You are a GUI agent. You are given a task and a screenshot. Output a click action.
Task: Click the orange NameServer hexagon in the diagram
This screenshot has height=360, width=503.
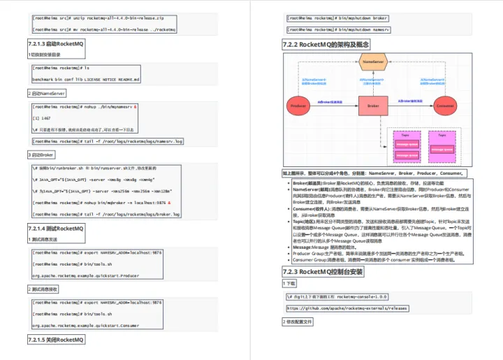(x=374, y=64)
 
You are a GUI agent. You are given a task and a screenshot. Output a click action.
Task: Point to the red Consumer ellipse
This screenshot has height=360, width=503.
(x=444, y=106)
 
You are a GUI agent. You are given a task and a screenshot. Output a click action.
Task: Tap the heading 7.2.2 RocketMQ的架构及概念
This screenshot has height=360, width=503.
(x=325, y=44)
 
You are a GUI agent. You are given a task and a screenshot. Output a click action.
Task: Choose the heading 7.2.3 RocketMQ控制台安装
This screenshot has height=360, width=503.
(x=322, y=271)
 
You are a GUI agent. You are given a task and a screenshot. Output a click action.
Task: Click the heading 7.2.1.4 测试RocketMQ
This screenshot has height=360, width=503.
(x=56, y=229)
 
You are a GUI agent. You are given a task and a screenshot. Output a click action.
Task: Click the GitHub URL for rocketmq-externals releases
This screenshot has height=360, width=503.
(x=347, y=308)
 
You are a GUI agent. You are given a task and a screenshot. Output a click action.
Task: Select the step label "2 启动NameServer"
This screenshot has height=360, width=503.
(x=47, y=92)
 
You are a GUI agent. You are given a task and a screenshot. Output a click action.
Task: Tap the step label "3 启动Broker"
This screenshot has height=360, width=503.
(x=41, y=154)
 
